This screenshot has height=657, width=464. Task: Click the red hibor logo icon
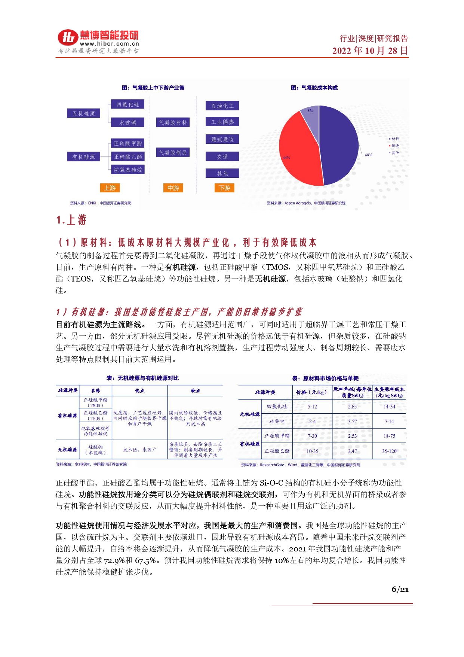pos(68,37)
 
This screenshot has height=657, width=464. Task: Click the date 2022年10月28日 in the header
pos(370,51)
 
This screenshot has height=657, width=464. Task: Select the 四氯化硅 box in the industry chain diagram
pos(127,104)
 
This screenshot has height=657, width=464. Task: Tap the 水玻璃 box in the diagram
pos(127,123)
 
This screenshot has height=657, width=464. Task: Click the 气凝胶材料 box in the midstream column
pos(173,122)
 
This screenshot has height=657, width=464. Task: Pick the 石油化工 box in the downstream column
pos(222,106)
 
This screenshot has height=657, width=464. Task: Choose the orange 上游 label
pos(110,188)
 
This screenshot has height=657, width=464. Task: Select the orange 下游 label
pos(224,188)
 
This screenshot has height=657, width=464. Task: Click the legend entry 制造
pos(395,146)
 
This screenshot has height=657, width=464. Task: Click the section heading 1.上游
pos(71,220)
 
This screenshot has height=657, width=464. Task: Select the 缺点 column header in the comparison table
pos(195,391)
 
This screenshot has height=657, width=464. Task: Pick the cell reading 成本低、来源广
pos(139,450)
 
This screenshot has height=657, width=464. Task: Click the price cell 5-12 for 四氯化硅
pos(312,407)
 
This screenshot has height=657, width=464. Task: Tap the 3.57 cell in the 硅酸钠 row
pos(352,422)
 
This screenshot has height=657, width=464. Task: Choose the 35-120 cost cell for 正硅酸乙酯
pos(389,451)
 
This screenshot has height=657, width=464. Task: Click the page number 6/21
pos(400,590)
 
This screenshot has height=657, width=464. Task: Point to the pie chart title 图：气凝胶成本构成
pos(314,88)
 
